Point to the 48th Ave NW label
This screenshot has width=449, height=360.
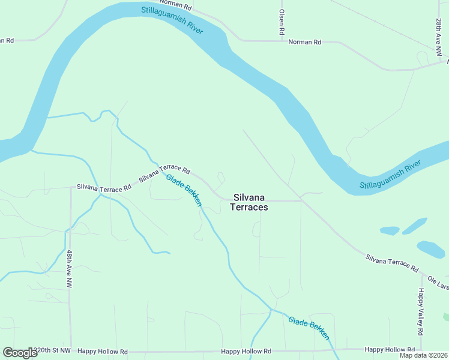tap(70, 269)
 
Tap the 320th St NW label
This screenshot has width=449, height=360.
tap(52, 351)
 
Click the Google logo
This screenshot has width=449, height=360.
tap(20, 353)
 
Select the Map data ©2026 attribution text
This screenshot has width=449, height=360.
tap(423, 355)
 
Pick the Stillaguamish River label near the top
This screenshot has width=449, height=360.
tap(173, 20)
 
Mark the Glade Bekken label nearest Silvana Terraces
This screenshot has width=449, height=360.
tap(184, 190)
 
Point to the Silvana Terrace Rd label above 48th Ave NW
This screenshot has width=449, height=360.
tap(104, 188)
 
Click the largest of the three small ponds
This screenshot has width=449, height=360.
tap(430, 248)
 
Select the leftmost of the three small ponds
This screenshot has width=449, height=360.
tap(390, 230)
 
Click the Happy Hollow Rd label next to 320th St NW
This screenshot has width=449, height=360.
tap(106, 352)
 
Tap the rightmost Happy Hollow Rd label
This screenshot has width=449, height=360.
tap(390, 349)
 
